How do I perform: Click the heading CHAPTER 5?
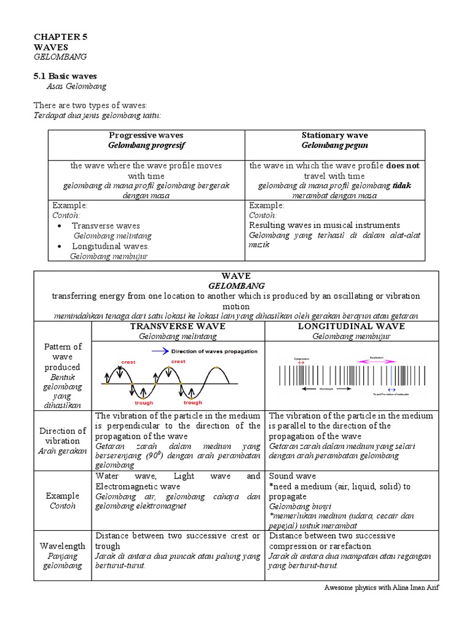coord(60,37)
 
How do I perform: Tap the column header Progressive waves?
coord(146,135)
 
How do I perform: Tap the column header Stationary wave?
coord(334,135)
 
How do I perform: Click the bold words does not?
coord(403,165)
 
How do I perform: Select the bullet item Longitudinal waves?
coord(111,246)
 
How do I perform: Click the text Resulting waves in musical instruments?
coord(324,225)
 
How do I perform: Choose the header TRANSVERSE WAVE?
coord(178,326)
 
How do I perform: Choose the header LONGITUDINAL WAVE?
coord(351,326)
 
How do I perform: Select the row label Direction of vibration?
coord(63,436)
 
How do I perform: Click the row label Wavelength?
coord(63,545)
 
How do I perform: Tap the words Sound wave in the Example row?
coord(293,476)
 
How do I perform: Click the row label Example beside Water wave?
coord(63,496)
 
